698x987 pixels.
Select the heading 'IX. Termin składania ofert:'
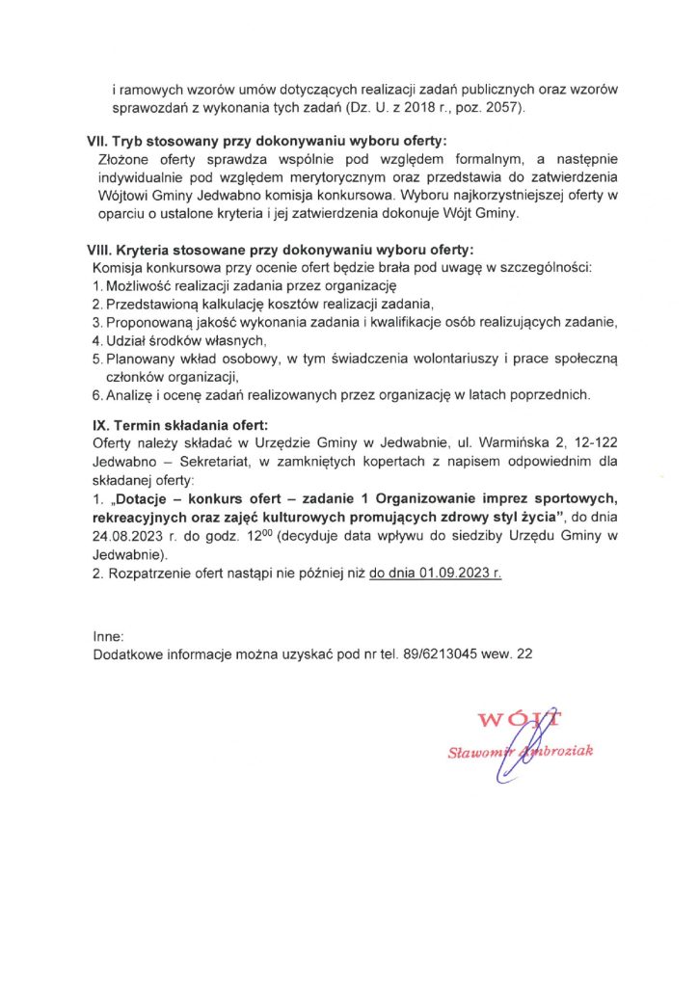coord(179,425)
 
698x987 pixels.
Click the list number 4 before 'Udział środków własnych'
coord(96,340)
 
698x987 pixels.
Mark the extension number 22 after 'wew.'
coord(524,654)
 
